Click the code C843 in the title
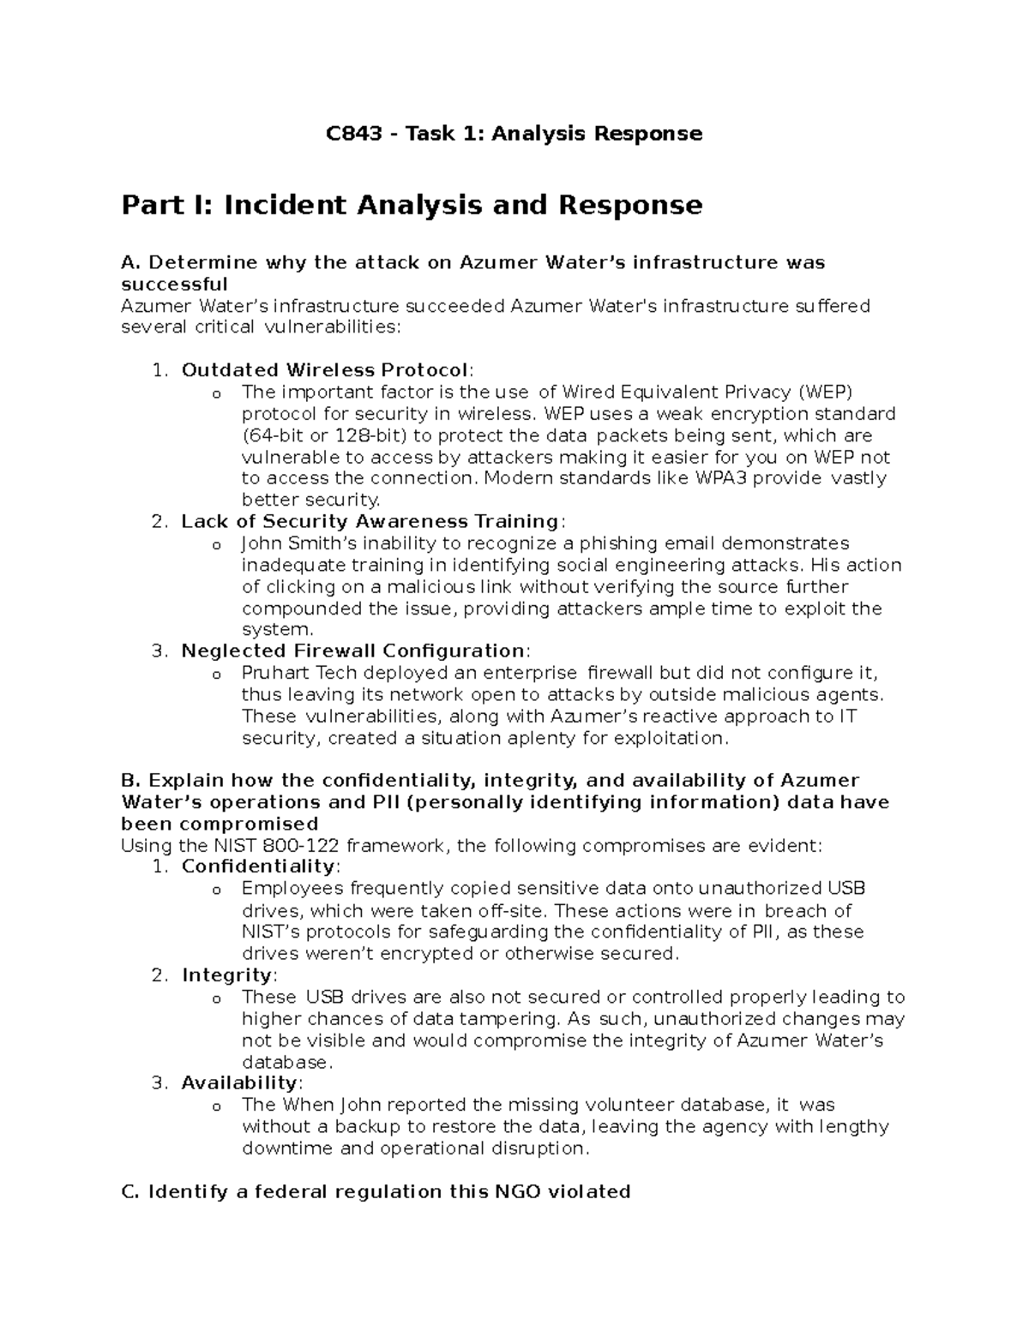[x=353, y=133]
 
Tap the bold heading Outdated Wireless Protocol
[x=324, y=370]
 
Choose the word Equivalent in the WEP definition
[x=667, y=392]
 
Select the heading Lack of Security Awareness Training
[x=370, y=521]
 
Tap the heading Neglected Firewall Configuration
[x=352, y=651]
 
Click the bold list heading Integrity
[x=226, y=975]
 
